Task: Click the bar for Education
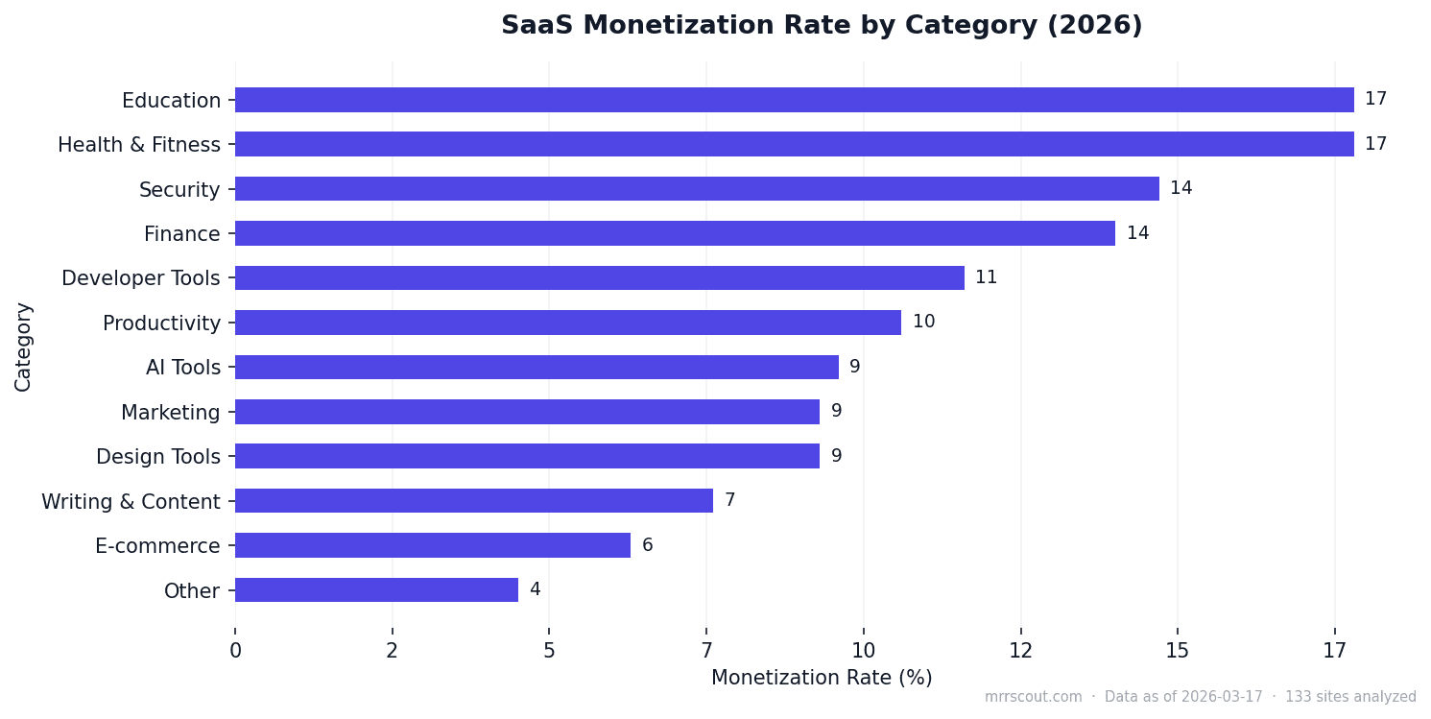coord(794,100)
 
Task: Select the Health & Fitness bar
coord(794,144)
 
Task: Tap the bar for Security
coord(697,189)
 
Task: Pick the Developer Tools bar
coord(600,278)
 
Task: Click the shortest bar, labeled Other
coord(376,590)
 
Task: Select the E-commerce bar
coord(433,545)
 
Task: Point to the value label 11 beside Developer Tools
coord(986,278)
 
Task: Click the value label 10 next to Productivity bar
coord(923,323)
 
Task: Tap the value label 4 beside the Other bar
coord(536,590)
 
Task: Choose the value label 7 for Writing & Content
coord(729,501)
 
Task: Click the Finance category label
coord(181,234)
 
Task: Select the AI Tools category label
coord(182,368)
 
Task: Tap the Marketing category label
coord(170,413)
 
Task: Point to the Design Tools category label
coord(157,457)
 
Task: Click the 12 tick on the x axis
coord(1020,651)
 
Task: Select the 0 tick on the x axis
coord(235,651)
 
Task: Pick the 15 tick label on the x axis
coord(1178,651)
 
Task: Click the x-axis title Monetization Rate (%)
coord(822,678)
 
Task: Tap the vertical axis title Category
coord(23,347)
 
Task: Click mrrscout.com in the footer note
coord(1033,698)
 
